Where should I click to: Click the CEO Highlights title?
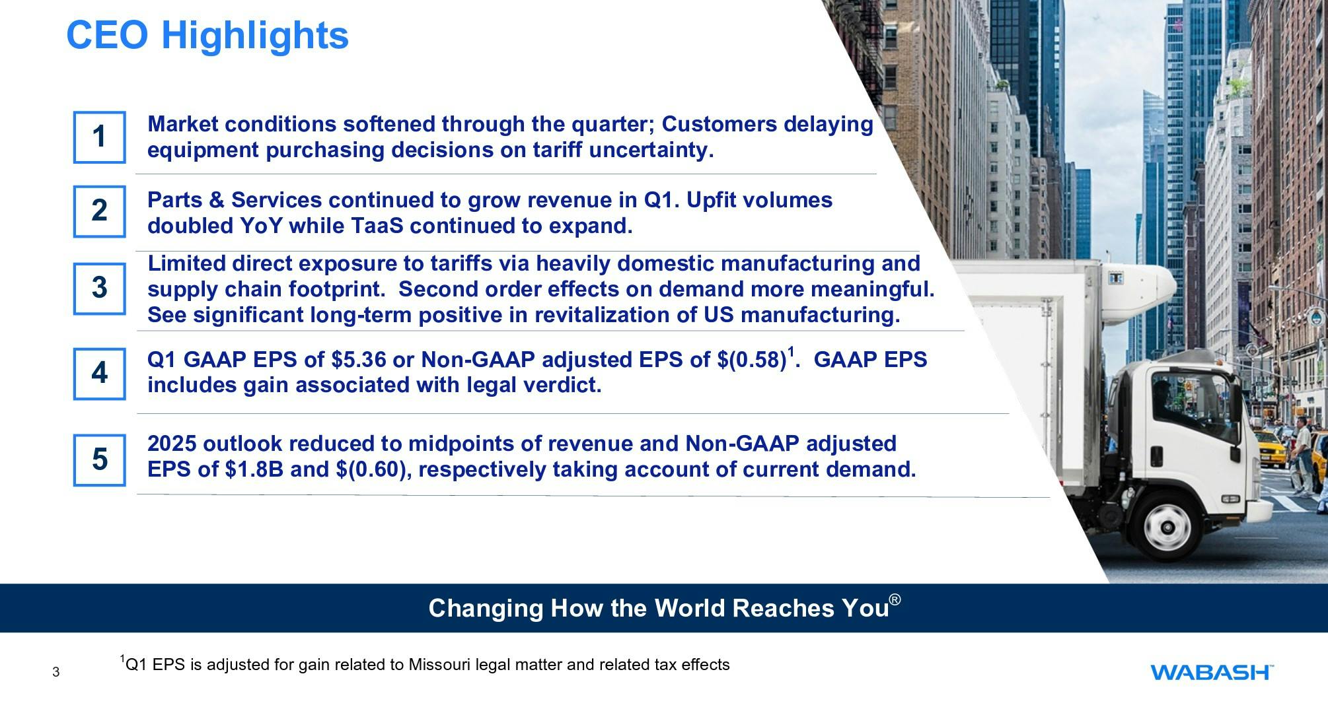[207, 35]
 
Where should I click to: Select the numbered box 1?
[99, 137]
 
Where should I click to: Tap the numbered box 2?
[99, 211]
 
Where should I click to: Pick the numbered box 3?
[99, 288]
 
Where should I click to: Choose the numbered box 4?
[99, 374]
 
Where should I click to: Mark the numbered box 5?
[99, 459]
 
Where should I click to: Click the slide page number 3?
[55, 673]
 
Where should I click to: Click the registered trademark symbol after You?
[895, 599]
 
